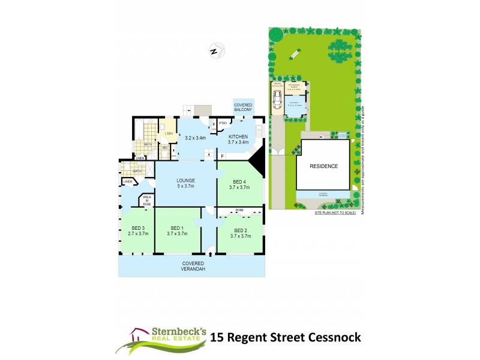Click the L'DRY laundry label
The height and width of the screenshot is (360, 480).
[x=169, y=133]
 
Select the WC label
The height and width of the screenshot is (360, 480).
[x=164, y=147]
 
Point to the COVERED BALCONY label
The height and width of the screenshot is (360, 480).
[x=244, y=107]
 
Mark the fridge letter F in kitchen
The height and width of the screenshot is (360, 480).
[x=222, y=156]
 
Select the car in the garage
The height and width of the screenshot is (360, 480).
[x=277, y=100]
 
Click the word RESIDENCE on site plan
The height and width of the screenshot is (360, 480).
[x=323, y=166]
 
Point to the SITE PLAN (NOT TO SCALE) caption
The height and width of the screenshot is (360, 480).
[x=335, y=212]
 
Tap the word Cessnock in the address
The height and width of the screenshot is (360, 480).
[x=333, y=337]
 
